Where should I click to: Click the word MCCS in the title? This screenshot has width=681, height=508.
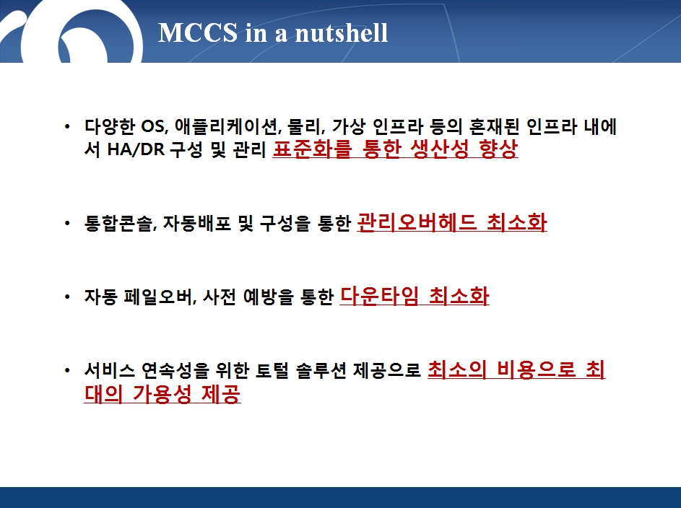click(x=198, y=32)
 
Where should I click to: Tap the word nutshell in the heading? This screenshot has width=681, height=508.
click(x=342, y=32)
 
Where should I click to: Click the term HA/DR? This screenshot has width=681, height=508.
click(x=136, y=149)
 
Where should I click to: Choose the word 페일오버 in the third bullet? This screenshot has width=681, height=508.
click(x=158, y=297)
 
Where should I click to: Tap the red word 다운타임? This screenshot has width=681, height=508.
click(x=379, y=297)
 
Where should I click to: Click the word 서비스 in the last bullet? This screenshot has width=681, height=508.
click(x=110, y=371)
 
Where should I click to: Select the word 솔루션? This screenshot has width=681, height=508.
click(x=321, y=371)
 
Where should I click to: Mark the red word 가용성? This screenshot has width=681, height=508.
click(x=162, y=394)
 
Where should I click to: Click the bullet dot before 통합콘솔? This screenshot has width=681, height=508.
click(x=67, y=224)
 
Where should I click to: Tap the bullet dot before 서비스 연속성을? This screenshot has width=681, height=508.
click(x=67, y=371)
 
